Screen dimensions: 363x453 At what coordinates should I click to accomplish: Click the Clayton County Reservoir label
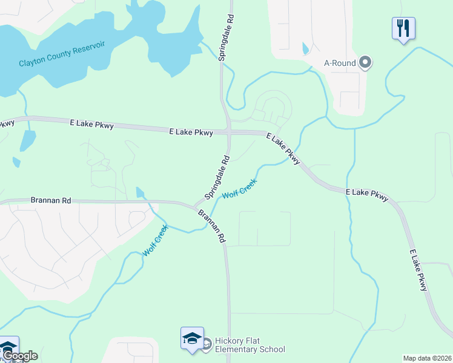click(62, 53)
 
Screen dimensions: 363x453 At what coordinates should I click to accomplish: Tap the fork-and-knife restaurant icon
click(403, 28)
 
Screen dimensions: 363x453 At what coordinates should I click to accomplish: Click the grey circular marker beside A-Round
click(365, 62)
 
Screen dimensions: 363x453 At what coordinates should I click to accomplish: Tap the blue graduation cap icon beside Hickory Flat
click(192, 338)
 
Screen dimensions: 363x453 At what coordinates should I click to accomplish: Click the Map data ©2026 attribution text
click(427, 358)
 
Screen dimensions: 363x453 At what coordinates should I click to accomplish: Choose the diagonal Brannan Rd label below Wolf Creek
click(212, 226)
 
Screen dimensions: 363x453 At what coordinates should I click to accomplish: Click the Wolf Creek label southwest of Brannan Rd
click(154, 241)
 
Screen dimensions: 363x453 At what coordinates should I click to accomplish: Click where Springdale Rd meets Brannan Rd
click(197, 205)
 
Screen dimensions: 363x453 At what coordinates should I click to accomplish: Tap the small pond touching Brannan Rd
click(141, 192)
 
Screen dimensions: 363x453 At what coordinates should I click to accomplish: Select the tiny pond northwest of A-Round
click(305, 48)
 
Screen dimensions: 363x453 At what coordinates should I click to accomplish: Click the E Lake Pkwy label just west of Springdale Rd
click(191, 131)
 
